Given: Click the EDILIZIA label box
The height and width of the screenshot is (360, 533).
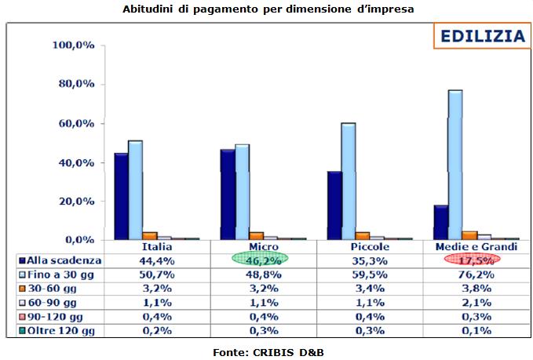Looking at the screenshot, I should (x=482, y=36).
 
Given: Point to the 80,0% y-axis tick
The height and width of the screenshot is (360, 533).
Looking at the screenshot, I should (x=73, y=85).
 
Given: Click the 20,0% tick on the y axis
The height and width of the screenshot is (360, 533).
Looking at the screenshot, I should (x=73, y=201).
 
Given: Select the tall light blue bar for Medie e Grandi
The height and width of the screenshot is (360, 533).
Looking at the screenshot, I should (x=455, y=165).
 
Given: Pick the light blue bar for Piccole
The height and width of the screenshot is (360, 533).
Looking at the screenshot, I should (x=348, y=180).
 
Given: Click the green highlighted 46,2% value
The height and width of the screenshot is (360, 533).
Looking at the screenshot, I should (x=260, y=259).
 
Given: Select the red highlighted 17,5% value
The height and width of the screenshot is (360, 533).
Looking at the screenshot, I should (x=473, y=259).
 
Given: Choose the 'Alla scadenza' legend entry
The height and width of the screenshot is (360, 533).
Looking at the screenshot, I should (x=59, y=259).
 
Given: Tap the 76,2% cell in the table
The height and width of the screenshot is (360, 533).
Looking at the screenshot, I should (x=473, y=274).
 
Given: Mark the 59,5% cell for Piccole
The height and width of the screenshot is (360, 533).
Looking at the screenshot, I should (x=367, y=274).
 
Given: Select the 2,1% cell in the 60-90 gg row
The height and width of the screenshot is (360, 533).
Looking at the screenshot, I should (x=473, y=302).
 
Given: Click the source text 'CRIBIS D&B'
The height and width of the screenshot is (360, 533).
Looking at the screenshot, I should (x=289, y=352).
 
